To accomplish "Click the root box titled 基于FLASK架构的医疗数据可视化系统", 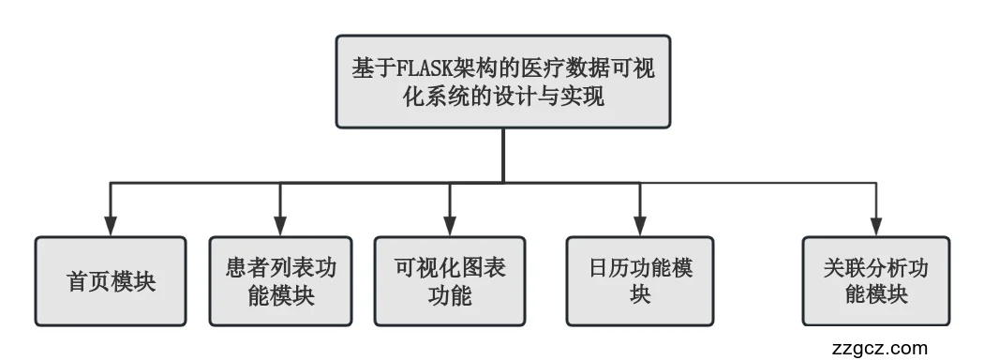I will point(503,82).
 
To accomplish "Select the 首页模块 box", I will point(111,281).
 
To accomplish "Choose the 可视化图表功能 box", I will point(450,281).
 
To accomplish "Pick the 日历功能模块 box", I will point(641,281).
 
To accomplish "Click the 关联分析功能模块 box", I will point(874,281).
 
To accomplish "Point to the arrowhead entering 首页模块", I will point(111,226).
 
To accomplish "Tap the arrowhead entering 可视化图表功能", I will point(451,226).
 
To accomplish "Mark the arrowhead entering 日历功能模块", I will point(641,226).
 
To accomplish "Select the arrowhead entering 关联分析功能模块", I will point(874,226).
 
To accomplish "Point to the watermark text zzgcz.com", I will point(879,346).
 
